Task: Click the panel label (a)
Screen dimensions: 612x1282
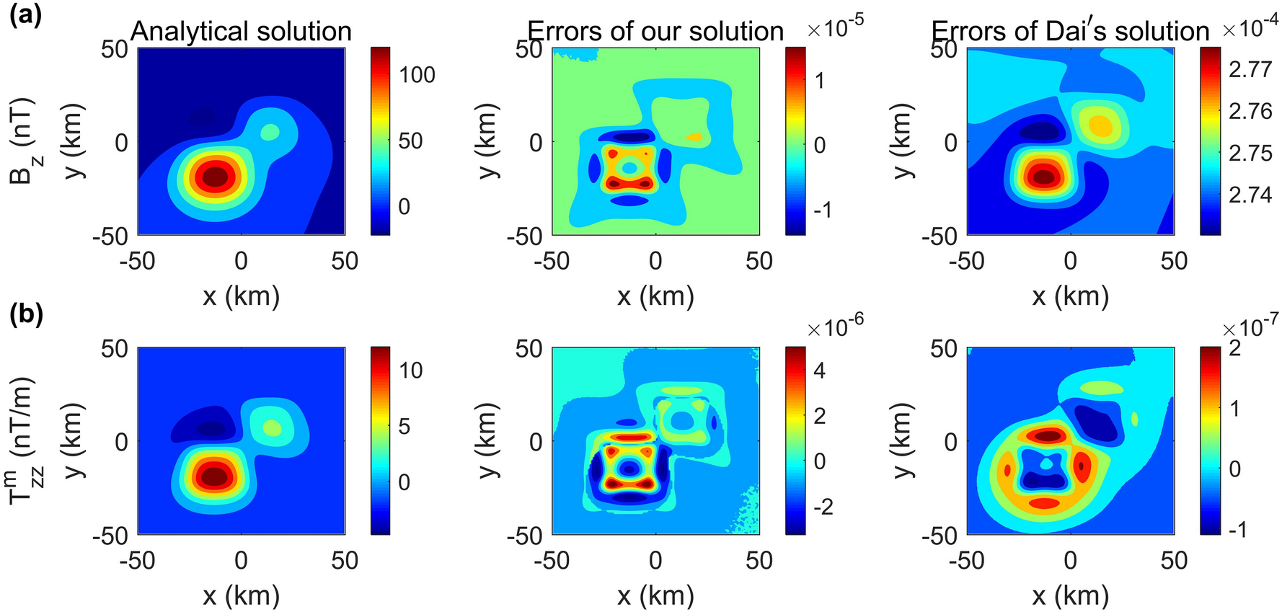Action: [25, 14]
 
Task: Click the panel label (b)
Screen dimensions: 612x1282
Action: [25, 315]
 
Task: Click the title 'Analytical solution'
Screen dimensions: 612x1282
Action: [241, 32]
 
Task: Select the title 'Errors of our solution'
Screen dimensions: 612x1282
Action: [655, 32]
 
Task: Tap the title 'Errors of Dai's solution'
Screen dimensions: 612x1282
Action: [1070, 32]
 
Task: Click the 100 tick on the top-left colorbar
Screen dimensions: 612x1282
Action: [417, 74]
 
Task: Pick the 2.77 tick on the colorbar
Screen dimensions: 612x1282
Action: [1250, 69]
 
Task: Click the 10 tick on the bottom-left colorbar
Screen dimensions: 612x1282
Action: [410, 371]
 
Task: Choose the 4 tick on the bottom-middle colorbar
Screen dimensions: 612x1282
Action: [819, 371]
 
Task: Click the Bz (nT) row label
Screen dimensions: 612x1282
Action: [24, 141]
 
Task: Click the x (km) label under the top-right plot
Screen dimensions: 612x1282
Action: [1070, 296]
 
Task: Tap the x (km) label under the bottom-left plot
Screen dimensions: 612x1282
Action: [241, 595]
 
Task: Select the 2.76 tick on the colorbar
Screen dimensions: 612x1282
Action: [1250, 111]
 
